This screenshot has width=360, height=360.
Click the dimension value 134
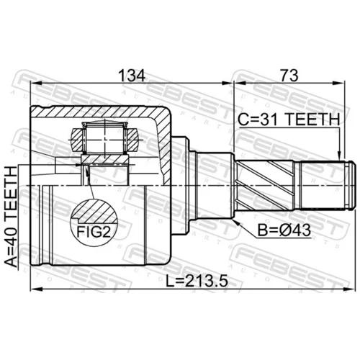coord(132,75)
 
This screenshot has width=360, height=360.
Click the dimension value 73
coord(289,75)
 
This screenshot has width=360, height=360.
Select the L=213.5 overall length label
coord(197,281)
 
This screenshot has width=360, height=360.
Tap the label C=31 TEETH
coord(289,120)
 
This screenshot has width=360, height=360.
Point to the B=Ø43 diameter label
coord(284,230)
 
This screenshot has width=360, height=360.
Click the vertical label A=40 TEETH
coord(12,217)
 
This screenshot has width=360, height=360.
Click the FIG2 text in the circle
coord(94,232)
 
